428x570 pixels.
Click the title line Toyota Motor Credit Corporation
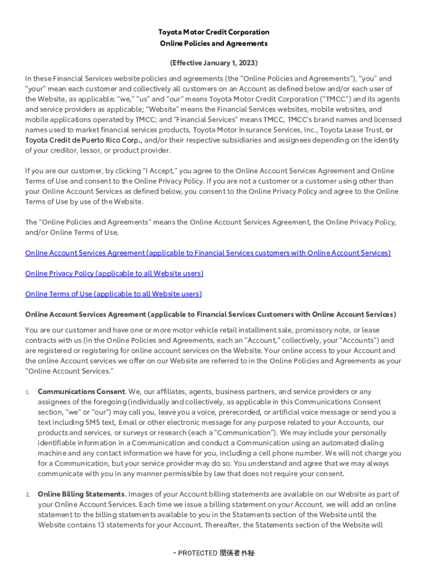tap(213, 32)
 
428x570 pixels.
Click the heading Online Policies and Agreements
tap(213, 43)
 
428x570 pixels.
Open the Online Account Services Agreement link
tap(208, 253)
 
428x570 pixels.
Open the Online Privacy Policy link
tap(114, 273)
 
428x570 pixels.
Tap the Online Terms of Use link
tap(113, 294)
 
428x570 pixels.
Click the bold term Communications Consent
tap(81, 392)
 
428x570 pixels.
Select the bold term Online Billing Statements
tap(81, 494)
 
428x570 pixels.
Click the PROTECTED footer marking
tap(215, 553)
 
